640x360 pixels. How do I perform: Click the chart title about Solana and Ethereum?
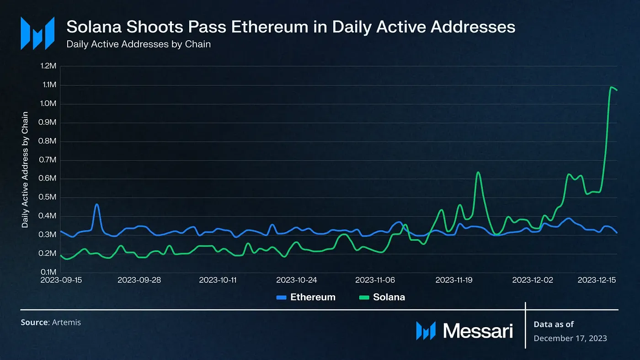(291, 27)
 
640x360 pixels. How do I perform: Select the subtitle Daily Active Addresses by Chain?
(139, 45)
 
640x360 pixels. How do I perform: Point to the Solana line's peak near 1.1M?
(612, 87)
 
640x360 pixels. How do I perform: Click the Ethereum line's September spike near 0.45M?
(96, 205)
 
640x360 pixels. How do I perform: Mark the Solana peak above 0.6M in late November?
(478, 172)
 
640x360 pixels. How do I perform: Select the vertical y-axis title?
(25, 169)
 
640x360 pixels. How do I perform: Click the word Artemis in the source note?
(66, 323)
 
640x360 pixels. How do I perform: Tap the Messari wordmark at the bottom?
(478, 330)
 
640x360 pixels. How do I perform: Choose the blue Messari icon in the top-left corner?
(37, 33)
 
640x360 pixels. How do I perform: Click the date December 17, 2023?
(571, 338)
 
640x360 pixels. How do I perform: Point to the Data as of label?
(554, 324)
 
